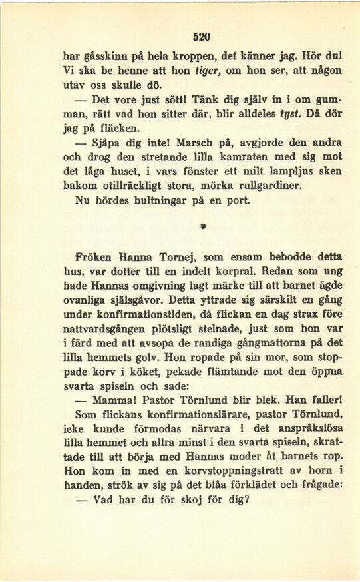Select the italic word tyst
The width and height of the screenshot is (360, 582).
pos(287,113)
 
